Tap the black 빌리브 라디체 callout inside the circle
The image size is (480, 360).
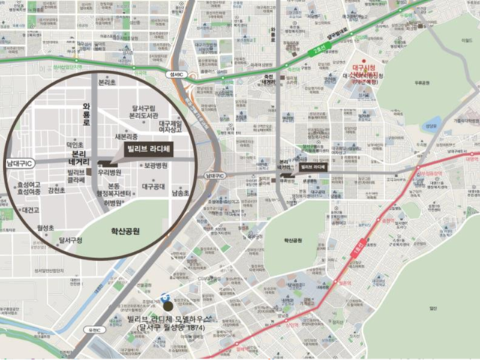point(150,149)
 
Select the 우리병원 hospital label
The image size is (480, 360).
point(110,172)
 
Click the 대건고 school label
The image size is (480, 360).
point(31,210)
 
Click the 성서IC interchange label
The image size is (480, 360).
point(178,74)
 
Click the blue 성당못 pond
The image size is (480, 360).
point(430,126)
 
